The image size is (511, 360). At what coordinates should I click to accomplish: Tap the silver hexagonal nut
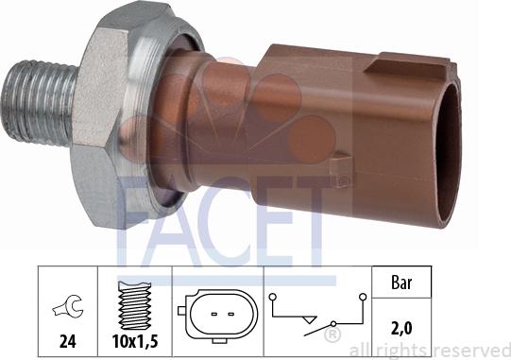[x=114, y=113]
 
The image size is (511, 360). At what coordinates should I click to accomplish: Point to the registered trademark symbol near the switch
[x=332, y=334]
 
